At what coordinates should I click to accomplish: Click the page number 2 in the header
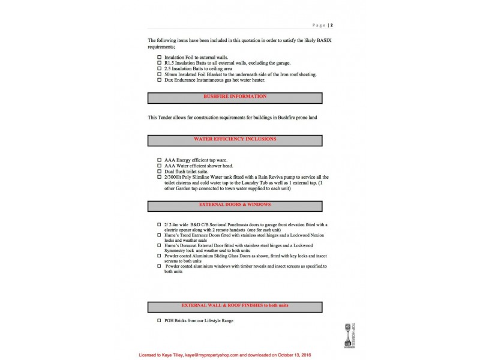coord(331,25)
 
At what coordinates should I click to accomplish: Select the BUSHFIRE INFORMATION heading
coord(235,97)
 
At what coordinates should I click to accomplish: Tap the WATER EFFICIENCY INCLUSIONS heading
coord(235,139)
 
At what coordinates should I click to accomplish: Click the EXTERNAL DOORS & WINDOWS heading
coord(235,205)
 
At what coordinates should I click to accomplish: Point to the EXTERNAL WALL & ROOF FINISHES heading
coord(235,305)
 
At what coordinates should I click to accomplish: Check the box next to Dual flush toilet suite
coord(159,172)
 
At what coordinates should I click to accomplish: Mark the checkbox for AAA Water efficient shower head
coord(159,166)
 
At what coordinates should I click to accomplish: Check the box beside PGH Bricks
coord(159,321)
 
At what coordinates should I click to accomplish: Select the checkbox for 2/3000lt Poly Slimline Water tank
coord(159,178)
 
